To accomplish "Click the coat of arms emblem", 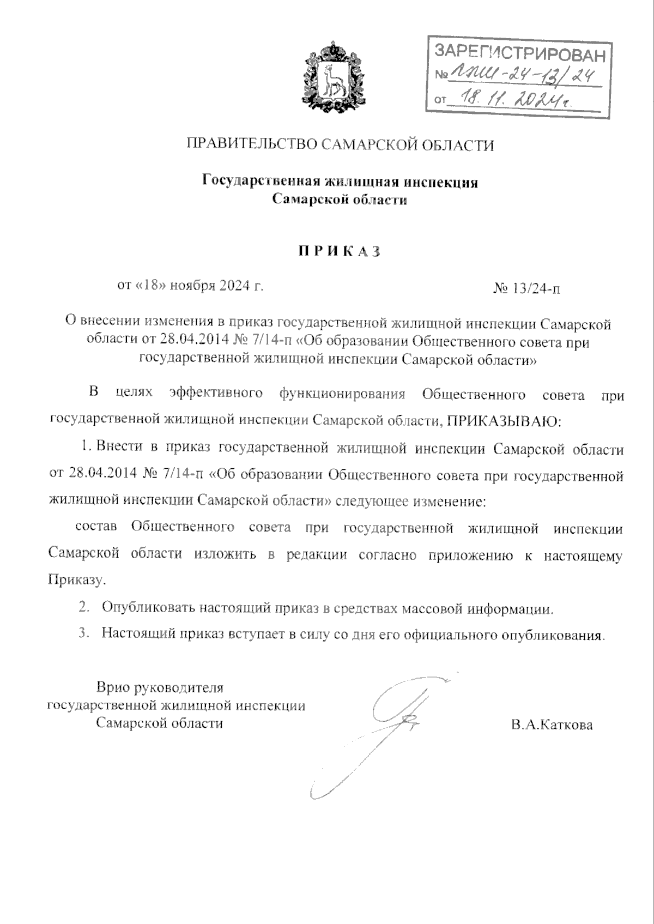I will click(x=334, y=78).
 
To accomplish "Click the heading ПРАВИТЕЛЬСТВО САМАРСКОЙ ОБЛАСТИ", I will click(x=341, y=145).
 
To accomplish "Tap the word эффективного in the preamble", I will click(x=216, y=394).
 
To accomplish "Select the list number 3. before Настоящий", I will click(x=84, y=633).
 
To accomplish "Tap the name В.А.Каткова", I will click(x=552, y=725).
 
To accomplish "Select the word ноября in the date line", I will click(x=193, y=285).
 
